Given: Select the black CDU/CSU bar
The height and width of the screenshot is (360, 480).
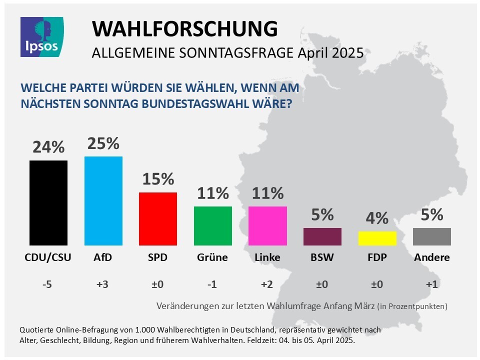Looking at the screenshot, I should pos(48,202).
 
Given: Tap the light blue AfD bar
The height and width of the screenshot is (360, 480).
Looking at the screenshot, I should pos(103,200).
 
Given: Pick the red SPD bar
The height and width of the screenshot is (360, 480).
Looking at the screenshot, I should pos(157,218).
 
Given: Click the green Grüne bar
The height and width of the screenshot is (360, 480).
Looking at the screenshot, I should pos(213,225).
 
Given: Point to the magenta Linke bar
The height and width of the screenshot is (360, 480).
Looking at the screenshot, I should pos(267,225).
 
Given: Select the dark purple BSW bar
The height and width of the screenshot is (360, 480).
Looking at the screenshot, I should pos(322,236).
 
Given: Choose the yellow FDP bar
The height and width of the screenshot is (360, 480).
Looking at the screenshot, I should pos(377,238).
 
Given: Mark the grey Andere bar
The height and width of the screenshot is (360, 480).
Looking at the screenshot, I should pos(432,236).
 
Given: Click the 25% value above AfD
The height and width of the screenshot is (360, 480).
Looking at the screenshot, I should pos(103,143).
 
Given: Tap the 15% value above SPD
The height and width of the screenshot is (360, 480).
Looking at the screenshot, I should pos(157,179).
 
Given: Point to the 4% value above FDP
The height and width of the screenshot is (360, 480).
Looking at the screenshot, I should pos(377,218).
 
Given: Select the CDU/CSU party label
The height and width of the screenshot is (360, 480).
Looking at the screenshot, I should pos(48,258).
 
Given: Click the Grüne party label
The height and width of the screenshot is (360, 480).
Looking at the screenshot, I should pos(212,258).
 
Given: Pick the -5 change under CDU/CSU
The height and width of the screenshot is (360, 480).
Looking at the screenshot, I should pos(48,284).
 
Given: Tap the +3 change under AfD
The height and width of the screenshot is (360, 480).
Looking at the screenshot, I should pos(103,284).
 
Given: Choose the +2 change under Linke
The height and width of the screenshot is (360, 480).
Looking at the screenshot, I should pos(267,284).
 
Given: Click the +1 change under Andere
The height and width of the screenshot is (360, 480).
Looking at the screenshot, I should pos(432,284).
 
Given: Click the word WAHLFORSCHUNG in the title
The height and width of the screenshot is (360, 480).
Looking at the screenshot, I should pos(184,29).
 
